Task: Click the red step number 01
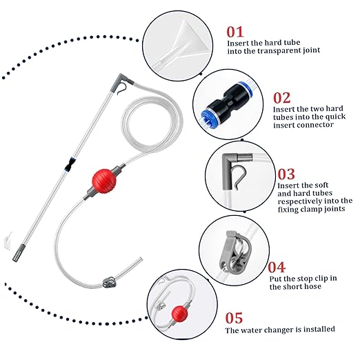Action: pyautogui.click(x=234, y=32)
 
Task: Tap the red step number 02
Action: pyautogui.click(x=281, y=98)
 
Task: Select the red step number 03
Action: pyautogui.click(x=286, y=174)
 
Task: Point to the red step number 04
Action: pyautogui.click(x=277, y=267)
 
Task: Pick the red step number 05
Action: pyautogui.click(x=234, y=318)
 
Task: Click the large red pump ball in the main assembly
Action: pyautogui.click(x=104, y=181)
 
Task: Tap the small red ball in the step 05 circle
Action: pyautogui.click(x=179, y=314)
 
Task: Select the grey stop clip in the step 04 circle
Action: pyautogui.click(x=235, y=252)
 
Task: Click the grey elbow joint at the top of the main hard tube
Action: pyautogui.click(x=122, y=81)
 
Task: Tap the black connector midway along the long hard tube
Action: pyautogui.click(x=70, y=165)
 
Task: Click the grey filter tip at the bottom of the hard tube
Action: pyautogui.click(x=19, y=253)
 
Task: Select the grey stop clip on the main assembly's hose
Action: pyautogui.click(x=110, y=282)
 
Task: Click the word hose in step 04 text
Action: pyautogui.click(x=312, y=287)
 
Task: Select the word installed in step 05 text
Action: pyautogui.click(x=319, y=329)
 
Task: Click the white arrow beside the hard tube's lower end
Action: pyautogui.click(x=8, y=240)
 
